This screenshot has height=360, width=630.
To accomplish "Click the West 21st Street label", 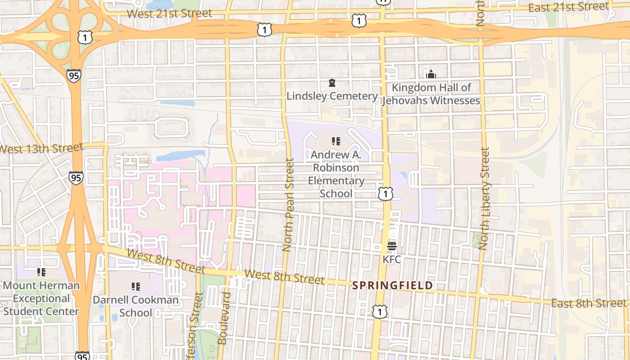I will [x=169, y=13].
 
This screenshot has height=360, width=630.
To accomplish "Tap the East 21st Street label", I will [x=568, y=7].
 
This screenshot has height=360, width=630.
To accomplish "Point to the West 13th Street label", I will [x=41, y=148].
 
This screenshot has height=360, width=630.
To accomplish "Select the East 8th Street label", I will [x=589, y=303].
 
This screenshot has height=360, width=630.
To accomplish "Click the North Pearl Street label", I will [x=288, y=205].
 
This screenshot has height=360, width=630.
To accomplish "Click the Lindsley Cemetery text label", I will [x=332, y=96].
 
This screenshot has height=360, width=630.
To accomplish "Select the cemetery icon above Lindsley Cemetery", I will [x=332, y=83].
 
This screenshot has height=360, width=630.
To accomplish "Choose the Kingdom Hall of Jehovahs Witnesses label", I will [x=431, y=94].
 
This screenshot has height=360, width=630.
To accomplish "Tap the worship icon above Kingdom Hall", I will [x=431, y=74].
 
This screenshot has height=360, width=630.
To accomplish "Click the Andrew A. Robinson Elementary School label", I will [x=336, y=174].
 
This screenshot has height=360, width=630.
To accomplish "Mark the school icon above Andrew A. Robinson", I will [x=336, y=141].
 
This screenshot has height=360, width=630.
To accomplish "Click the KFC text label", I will [x=391, y=260].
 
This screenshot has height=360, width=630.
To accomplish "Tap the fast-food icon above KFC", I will [x=391, y=246].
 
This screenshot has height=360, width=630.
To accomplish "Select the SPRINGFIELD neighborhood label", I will [x=392, y=285].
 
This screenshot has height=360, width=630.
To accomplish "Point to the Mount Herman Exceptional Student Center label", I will [x=41, y=298].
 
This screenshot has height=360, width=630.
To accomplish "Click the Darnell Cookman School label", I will [x=135, y=306].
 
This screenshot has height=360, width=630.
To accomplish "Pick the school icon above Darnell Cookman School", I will [x=135, y=286].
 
